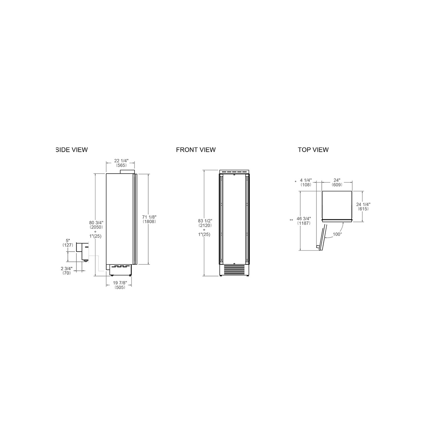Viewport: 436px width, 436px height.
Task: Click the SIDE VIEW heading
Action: (72, 150)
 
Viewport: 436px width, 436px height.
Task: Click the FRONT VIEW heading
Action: (196, 150)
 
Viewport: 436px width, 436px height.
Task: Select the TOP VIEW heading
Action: (313, 150)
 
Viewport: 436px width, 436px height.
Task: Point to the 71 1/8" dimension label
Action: (149, 217)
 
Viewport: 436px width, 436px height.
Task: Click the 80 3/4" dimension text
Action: (96, 222)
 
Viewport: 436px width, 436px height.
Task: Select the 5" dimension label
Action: (68, 241)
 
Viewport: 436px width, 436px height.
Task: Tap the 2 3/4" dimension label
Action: (67, 268)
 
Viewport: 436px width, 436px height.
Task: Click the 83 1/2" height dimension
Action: (205, 221)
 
